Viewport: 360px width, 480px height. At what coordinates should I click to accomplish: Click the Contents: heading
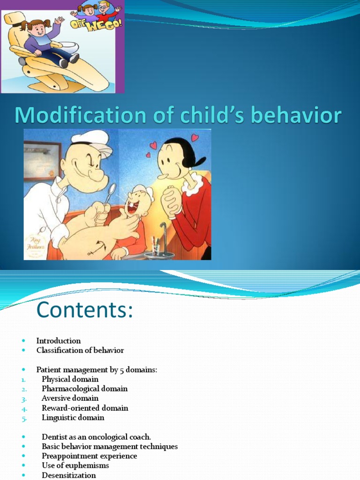[85, 310]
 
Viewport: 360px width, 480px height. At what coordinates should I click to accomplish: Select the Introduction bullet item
[59, 341]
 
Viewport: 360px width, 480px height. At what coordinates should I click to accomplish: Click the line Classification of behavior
[80, 350]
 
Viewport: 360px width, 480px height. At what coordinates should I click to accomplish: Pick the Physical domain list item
[70, 379]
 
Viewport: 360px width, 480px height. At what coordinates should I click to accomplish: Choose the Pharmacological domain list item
[84, 389]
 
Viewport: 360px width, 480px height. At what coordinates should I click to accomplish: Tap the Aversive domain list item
[70, 398]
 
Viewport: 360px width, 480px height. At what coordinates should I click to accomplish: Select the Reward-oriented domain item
[85, 408]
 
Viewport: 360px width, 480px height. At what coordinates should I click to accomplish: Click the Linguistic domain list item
[73, 417]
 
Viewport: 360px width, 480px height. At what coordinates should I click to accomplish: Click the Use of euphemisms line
[75, 465]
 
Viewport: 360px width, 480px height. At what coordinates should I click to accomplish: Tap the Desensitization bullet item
[68, 475]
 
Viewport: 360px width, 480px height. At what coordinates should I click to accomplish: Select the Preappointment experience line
[89, 456]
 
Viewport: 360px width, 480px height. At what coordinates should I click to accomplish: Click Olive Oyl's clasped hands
[172, 200]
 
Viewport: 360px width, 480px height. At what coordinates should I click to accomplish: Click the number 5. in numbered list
[24, 418]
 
